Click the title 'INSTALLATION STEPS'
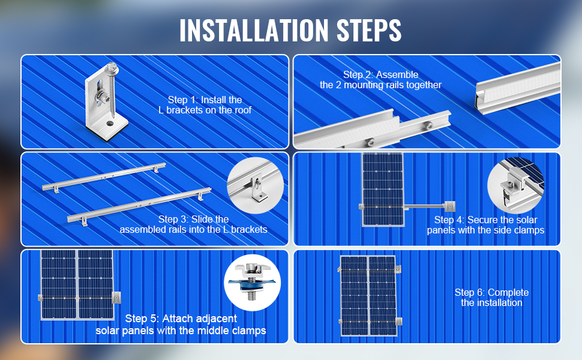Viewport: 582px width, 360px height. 290,30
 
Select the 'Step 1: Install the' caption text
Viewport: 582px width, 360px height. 205,100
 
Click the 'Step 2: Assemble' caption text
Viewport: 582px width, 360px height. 380,75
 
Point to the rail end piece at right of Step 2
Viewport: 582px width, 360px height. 516,93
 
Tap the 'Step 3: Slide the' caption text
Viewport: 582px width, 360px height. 193,219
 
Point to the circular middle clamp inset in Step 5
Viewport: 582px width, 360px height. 252,283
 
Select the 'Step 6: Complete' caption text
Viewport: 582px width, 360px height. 491,292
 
